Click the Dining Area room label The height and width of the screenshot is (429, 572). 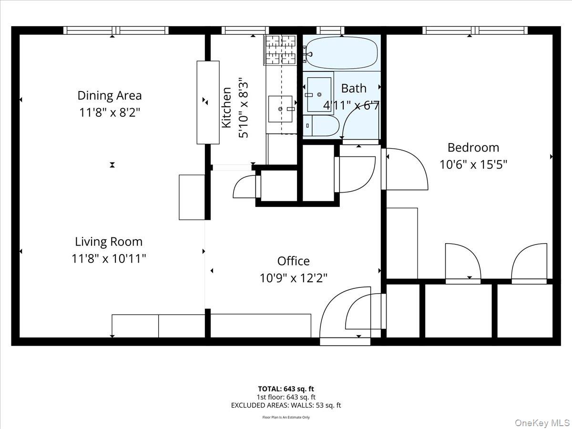110,95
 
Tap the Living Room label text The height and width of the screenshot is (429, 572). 109,242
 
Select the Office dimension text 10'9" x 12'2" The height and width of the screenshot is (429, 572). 294,278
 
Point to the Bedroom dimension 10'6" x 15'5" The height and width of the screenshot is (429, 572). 473,164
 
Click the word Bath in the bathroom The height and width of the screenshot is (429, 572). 354,88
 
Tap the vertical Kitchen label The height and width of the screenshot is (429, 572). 226,108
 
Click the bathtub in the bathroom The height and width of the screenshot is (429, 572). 342,53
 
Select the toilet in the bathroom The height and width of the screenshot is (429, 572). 321,125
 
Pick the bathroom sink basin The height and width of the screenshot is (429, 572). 319,94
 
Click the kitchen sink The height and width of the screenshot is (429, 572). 280,109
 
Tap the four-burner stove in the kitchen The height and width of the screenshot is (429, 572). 280,50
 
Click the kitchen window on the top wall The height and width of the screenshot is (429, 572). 245,30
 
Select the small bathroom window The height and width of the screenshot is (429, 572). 330,30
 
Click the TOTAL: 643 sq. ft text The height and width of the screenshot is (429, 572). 286,389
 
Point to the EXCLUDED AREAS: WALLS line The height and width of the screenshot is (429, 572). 286,405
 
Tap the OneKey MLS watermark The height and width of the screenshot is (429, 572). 542,422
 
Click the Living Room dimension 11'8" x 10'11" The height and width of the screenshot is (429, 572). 109,259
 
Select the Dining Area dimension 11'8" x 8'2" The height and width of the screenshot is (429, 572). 110,113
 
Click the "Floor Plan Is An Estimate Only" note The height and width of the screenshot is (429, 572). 286,417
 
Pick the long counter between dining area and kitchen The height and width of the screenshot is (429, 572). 208,102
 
